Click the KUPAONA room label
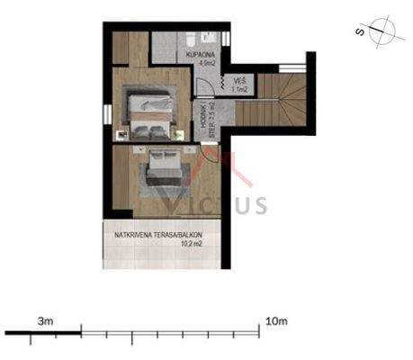pyautogui.click(x=200, y=55)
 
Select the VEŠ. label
pyautogui.click(x=239, y=80)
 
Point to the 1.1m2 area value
pyautogui.click(x=240, y=89)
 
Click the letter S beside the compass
pyautogui.click(x=360, y=32)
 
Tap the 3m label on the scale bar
pyautogui.click(x=46, y=319)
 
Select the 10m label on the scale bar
pyautogui.click(x=276, y=319)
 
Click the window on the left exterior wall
pyautogui.click(x=104, y=116)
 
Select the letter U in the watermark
pyautogui.click(x=239, y=204)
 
